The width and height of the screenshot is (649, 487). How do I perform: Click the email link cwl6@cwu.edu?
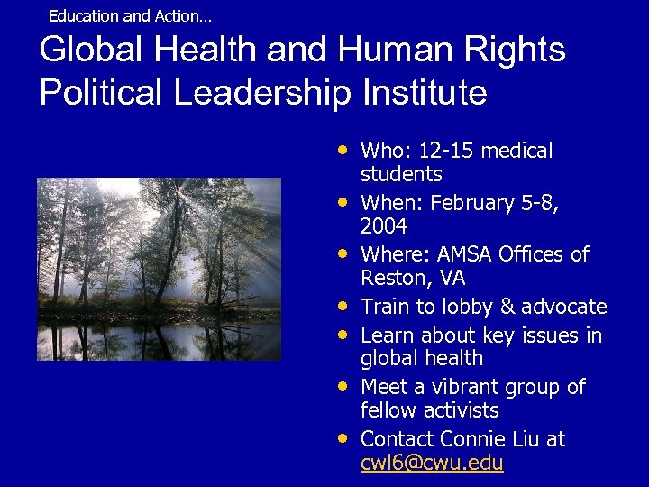[432, 464]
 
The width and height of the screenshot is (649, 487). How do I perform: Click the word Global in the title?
[85, 50]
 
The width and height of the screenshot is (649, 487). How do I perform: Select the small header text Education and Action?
[130, 16]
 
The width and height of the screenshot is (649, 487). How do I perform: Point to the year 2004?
[384, 226]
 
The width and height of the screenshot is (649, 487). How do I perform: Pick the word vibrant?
[464, 388]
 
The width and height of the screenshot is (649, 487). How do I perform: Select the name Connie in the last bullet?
[474, 439]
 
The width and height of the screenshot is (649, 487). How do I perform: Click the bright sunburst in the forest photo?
[179, 192]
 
